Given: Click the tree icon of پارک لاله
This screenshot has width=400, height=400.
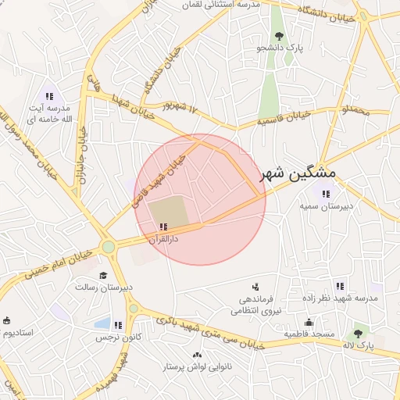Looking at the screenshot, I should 359,334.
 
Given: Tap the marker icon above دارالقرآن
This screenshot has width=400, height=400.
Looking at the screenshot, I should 162,227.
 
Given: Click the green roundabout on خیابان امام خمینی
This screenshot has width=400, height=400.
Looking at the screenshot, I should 108,247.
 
